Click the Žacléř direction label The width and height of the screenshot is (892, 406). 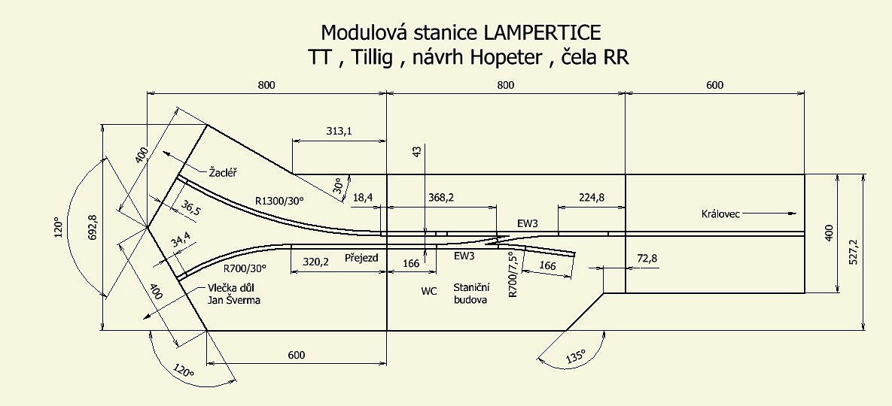223,172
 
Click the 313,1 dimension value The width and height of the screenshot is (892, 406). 339,131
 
